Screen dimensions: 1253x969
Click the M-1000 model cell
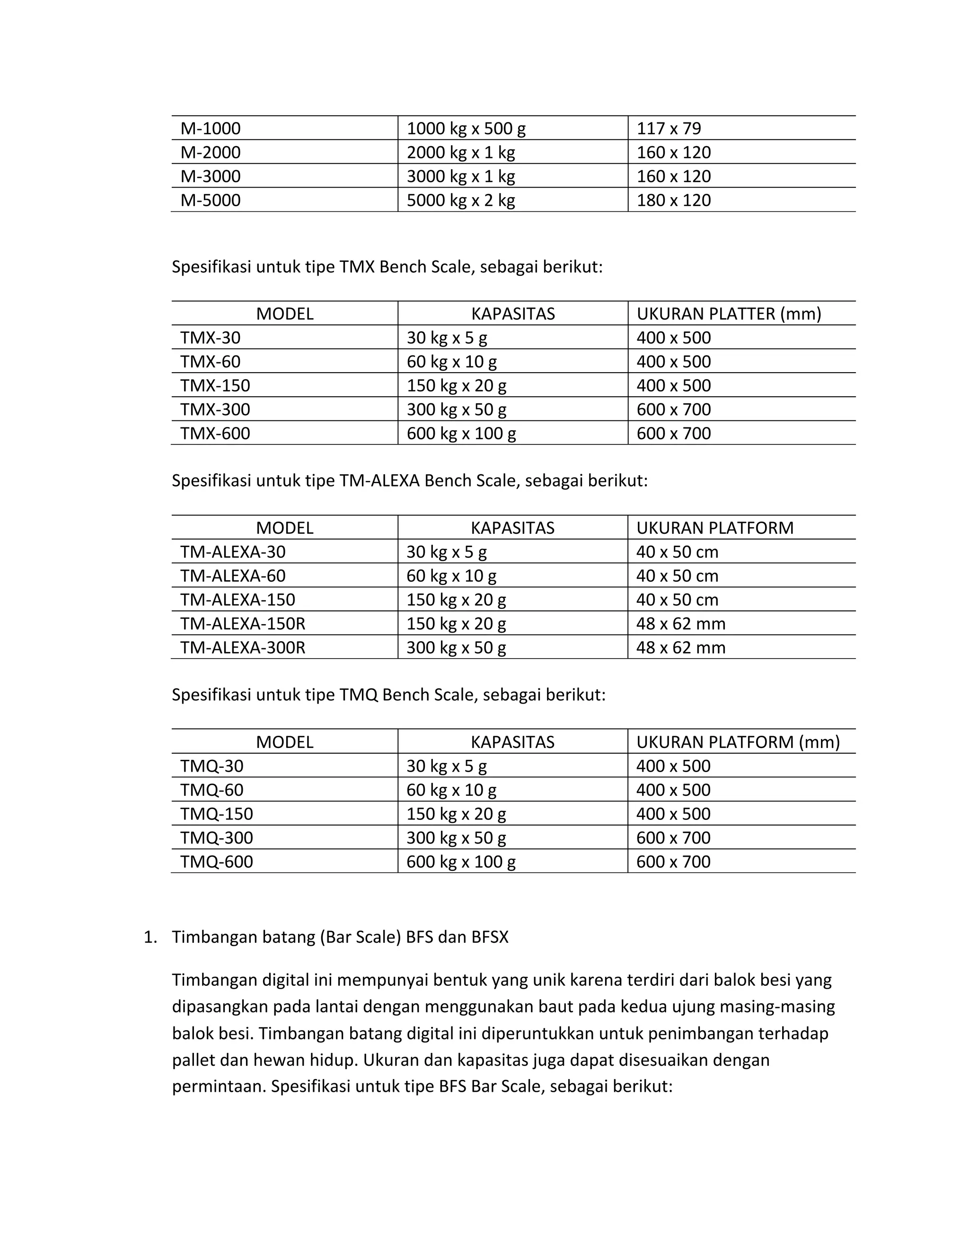tap(210, 128)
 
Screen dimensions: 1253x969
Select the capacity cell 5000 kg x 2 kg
tap(460, 200)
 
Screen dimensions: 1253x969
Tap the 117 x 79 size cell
tap(668, 128)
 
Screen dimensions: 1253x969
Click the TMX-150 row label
tap(215, 385)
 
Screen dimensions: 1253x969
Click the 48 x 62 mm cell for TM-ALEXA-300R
tap(680, 647)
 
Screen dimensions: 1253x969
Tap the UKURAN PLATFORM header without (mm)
tap(715, 527)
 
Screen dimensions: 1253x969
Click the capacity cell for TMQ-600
tap(460, 861)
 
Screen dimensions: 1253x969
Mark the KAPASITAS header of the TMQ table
tap(512, 742)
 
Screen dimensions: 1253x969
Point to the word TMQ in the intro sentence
tap(358, 694)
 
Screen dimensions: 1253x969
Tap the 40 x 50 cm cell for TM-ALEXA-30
tap(677, 551)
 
